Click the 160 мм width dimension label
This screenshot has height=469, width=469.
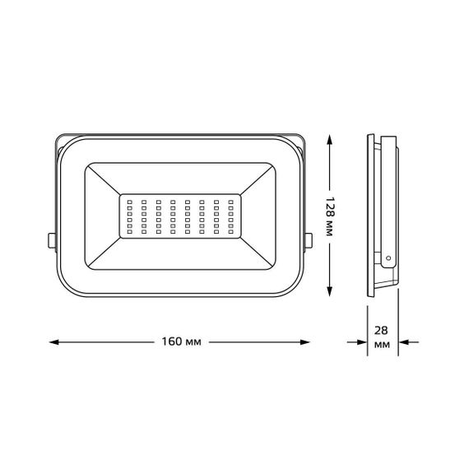pos(179,341)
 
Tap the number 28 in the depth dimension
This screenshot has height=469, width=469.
pos(381,331)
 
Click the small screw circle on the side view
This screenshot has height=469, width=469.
pos(388,258)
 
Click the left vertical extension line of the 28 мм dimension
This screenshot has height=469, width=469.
pos(367,329)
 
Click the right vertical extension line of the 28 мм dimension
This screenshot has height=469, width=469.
pos(399,329)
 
